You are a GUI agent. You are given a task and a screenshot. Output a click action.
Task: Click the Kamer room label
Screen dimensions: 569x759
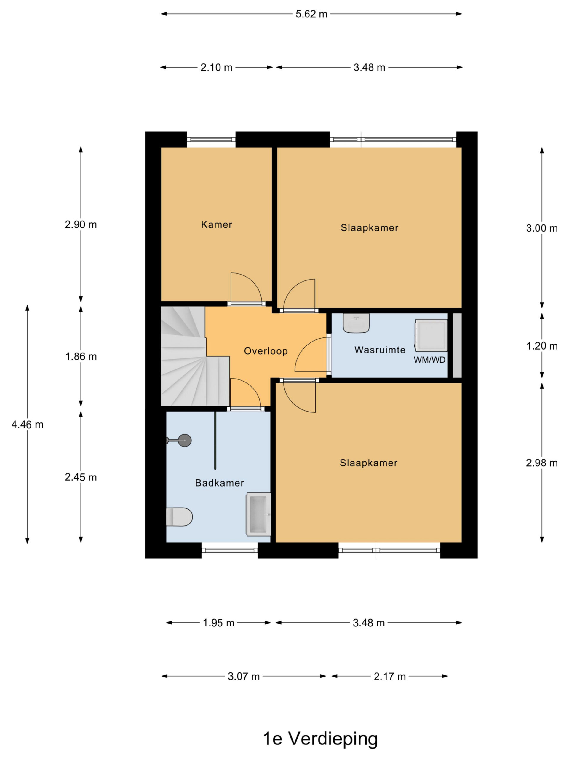[x=216, y=224]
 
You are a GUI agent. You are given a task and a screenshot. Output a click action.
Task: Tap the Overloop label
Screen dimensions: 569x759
[x=266, y=351]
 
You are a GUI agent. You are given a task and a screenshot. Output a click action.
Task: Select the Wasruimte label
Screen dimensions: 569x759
[x=380, y=350]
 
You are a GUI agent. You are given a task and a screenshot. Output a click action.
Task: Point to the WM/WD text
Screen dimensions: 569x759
[x=429, y=360]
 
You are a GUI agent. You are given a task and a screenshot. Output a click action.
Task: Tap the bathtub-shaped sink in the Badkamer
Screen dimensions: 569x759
[x=258, y=514]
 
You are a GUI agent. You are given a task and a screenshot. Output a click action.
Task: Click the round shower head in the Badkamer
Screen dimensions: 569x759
[x=185, y=440]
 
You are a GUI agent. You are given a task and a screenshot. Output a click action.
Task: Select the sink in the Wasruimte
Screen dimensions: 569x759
[x=356, y=323]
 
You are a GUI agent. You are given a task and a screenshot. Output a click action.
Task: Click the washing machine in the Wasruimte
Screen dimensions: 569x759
[x=431, y=336]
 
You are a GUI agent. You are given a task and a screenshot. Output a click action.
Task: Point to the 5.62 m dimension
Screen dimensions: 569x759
[x=311, y=14]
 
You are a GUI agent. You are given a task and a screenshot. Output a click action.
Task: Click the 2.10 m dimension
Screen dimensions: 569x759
[x=216, y=68]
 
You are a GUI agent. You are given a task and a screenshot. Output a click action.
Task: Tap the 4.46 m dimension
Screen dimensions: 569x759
[x=28, y=425]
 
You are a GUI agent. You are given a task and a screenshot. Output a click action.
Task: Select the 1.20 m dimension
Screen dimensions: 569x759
[x=542, y=346]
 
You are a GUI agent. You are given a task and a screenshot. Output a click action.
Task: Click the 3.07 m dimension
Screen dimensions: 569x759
[x=244, y=676]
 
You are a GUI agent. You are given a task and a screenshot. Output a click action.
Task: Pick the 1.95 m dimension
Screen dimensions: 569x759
[x=218, y=623]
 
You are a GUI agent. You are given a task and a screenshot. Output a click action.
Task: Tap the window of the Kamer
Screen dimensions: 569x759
[x=211, y=140]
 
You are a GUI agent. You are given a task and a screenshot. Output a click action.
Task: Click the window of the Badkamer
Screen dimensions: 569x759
[x=229, y=550]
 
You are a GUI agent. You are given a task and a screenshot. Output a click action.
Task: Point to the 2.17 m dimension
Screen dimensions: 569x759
[x=390, y=676]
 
